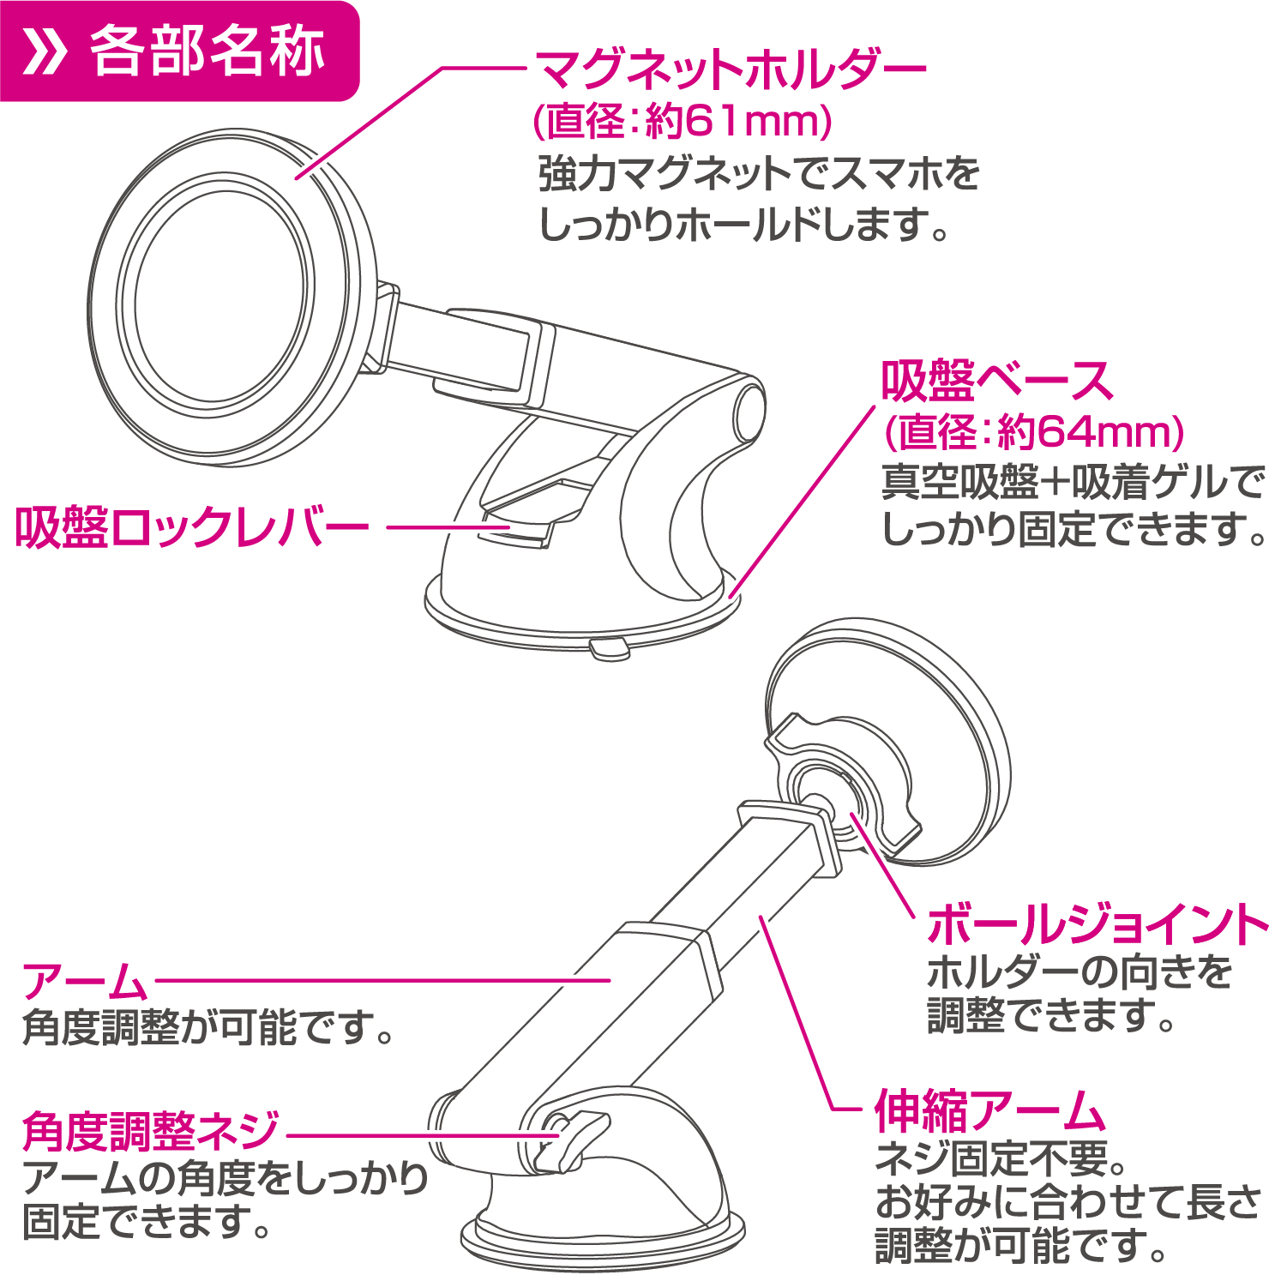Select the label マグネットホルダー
point(731,69)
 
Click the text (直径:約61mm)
point(683,121)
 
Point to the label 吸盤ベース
point(997,382)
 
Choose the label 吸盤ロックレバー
point(192,526)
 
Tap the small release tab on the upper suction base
point(610,648)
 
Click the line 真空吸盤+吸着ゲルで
point(1073,483)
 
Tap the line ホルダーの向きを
point(1080,972)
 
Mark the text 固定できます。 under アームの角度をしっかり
point(146,1222)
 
